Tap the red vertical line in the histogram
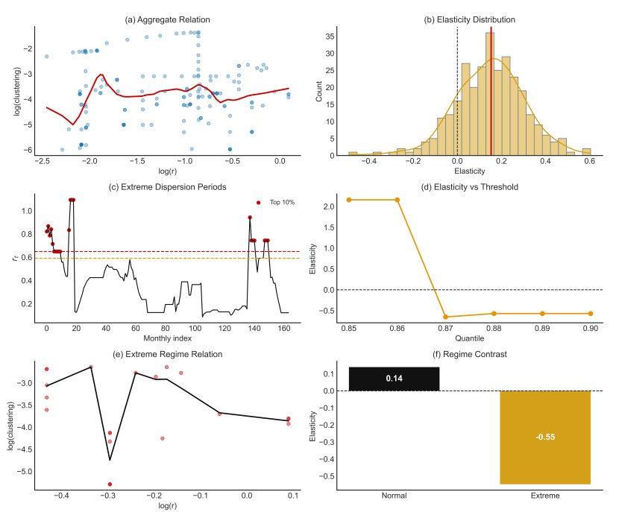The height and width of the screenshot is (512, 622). tap(491, 89)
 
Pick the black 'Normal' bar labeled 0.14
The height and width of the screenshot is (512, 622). tap(394, 379)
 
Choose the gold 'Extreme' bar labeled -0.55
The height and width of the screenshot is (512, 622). tap(545, 437)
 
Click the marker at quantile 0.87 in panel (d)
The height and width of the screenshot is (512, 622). tap(445, 317)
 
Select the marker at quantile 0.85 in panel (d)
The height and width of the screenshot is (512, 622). tap(349, 200)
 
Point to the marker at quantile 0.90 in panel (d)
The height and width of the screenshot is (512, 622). tap(591, 313)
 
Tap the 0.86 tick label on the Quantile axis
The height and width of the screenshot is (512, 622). tap(397, 329)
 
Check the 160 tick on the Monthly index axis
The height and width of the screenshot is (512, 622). tap(285, 329)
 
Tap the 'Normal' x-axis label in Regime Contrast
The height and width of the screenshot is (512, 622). tap(394, 496)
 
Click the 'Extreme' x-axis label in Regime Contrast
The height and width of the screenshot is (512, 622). tap(545, 496)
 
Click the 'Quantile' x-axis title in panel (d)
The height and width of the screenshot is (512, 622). tap(468, 340)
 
